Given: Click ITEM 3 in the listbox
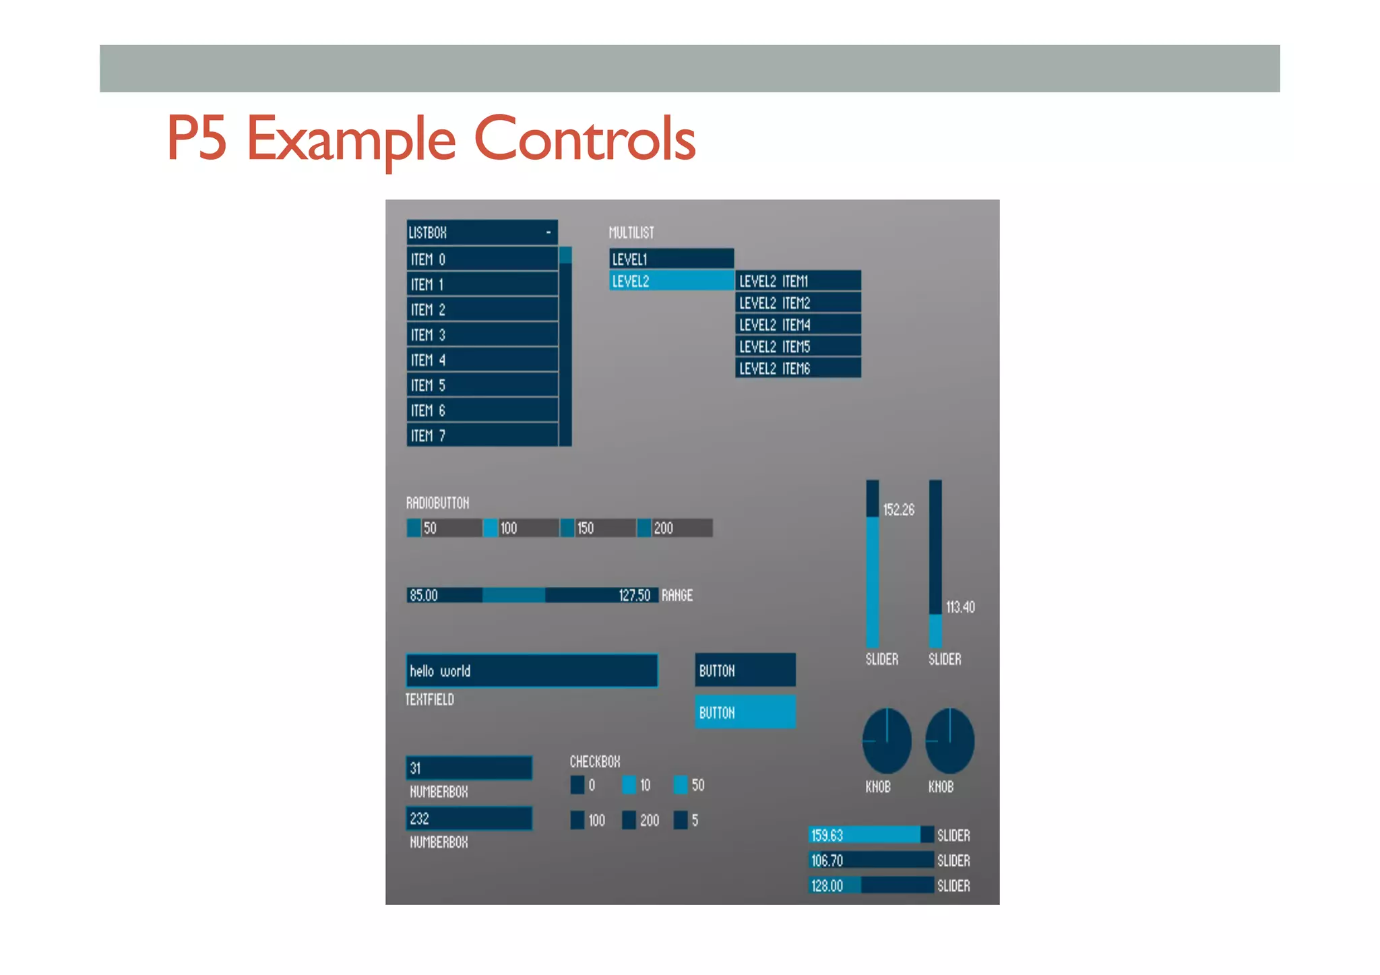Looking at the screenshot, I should coord(482,335).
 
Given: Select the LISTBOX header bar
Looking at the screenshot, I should coord(482,232).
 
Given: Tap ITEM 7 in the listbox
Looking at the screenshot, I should coord(482,436).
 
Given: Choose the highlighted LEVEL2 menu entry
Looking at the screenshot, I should coord(671,281).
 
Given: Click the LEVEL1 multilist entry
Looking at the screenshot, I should coord(671,259).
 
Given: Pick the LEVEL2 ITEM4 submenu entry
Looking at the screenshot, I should coord(798,325).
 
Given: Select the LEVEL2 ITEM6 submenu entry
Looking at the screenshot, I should coord(798,369).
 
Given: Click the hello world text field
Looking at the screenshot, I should coord(532,671).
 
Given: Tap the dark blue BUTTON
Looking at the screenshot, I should coord(745,670).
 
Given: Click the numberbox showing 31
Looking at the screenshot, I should coord(469,768).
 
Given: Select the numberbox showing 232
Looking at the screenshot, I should coord(469,819).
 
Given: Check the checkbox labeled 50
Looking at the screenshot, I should coord(681,785).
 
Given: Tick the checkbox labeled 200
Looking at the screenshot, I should coord(629,820).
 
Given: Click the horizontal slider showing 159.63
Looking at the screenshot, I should coord(871,835).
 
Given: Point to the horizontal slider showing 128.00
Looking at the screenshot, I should coord(871,885).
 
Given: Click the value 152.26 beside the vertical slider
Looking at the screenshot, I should coord(899,510).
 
